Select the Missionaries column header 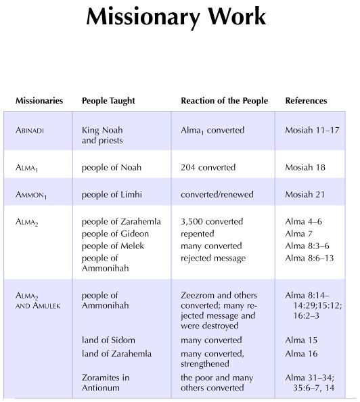pyautogui.click(x=39, y=101)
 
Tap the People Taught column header pyautogui.click(x=108, y=101)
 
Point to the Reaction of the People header pyautogui.click(x=224, y=101)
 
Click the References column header pyautogui.click(x=306, y=101)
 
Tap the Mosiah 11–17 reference pyautogui.click(x=313, y=129)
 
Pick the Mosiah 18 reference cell pyautogui.click(x=306, y=167)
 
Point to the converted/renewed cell pyautogui.click(x=217, y=195)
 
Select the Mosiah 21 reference pyautogui.click(x=306, y=195)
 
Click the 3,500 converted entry pyautogui.click(x=212, y=221)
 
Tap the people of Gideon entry pyautogui.click(x=115, y=233)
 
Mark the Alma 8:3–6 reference pyautogui.click(x=309, y=246)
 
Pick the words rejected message pyautogui.click(x=213, y=258)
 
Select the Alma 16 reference pyautogui.click(x=301, y=353)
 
